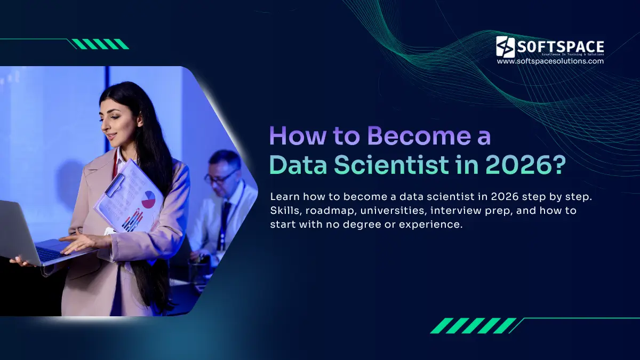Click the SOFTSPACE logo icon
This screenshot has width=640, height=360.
505,46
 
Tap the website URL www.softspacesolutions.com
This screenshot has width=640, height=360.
550,61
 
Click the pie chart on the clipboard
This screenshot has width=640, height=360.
149,199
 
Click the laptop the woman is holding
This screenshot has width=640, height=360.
32,235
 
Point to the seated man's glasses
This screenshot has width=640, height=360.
220,178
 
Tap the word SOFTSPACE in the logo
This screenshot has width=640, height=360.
560,46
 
